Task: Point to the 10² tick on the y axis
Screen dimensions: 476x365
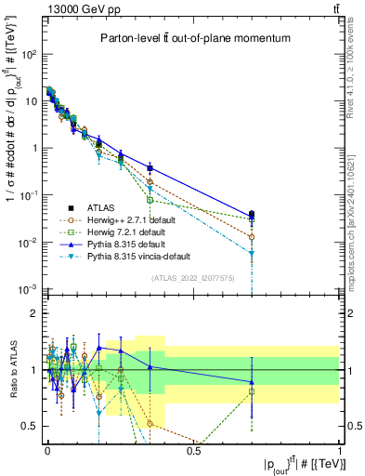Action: coord(31,54)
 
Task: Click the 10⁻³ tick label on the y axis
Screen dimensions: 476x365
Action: coord(30,289)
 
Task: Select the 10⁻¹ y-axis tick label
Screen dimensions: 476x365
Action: coord(30,195)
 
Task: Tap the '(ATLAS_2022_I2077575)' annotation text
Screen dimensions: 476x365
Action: coord(193,278)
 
